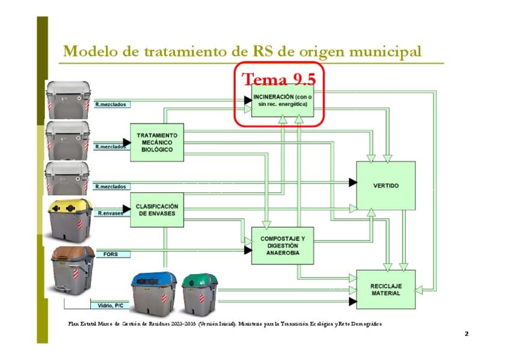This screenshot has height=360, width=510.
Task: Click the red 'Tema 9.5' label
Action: [x=278, y=79]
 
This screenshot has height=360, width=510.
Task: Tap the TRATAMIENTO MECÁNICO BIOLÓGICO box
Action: [x=156, y=142]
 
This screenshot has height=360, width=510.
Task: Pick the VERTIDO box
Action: [x=386, y=186]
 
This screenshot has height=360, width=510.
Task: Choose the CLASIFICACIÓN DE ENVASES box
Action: [x=156, y=210]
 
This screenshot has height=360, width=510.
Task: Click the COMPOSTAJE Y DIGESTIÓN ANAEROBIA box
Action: [x=283, y=246]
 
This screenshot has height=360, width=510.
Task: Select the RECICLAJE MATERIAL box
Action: [x=386, y=289]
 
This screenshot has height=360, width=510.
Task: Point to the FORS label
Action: [x=111, y=254]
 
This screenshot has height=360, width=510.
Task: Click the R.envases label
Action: [x=111, y=213]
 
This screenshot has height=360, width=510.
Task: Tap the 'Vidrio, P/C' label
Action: [x=106, y=304]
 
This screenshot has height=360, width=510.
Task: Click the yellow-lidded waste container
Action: [x=70, y=220]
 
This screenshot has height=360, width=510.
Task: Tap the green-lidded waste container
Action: [x=200, y=293]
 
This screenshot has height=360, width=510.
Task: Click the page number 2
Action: [x=466, y=334]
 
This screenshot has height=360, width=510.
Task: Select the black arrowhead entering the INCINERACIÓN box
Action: [x=248, y=100]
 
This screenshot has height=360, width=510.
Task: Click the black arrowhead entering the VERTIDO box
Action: [x=353, y=182]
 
